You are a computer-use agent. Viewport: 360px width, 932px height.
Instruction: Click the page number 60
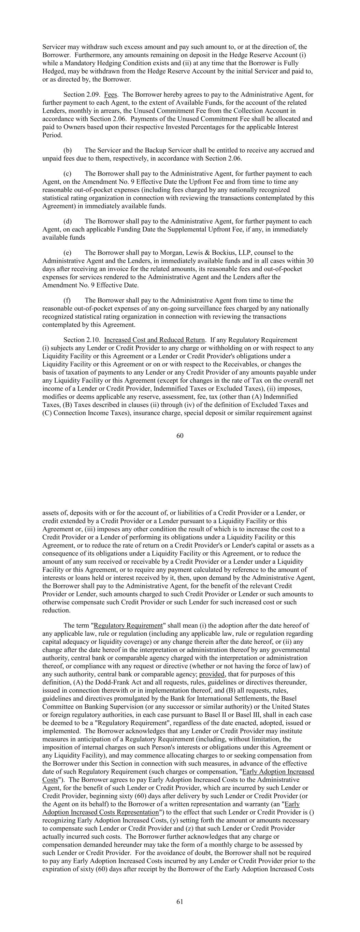[x=180, y=436]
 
